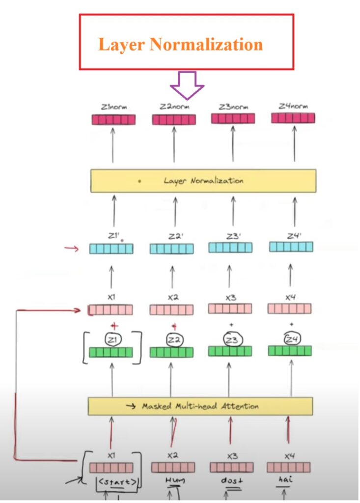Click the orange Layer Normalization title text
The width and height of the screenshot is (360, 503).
click(x=180, y=44)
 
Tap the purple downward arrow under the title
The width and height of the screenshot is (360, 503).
click(x=187, y=84)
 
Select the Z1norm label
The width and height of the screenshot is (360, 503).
click(x=113, y=106)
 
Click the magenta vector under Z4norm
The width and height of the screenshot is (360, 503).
click(x=293, y=118)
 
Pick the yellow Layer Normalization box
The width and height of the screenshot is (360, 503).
click(x=203, y=181)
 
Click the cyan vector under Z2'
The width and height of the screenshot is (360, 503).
click(x=171, y=249)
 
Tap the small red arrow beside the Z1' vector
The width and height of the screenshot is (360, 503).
click(x=72, y=249)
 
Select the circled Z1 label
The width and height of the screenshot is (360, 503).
click(x=112, y=339)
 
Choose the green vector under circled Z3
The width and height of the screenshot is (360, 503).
click(x=230, y=351)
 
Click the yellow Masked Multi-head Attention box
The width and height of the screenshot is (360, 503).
click(x=200, y=406)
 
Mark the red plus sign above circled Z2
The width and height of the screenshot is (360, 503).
click(x=173, y=326)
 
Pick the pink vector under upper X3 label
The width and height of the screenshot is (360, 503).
click(x=230, y=308)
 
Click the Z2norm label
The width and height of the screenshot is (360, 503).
click(x=173, y=106)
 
